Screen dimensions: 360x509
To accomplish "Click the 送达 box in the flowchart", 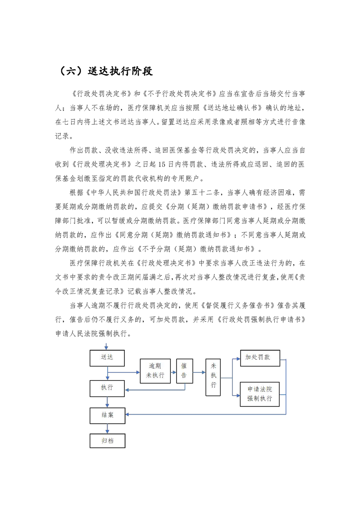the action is pyautogui.click(x=107, y=358).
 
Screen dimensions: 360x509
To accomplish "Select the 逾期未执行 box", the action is pyautogui.click(x=155, y=371).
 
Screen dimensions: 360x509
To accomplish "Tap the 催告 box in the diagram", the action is pyautogui.click(x=185, y=371).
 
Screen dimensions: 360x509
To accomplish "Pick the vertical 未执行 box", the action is pyautogui.click(x=213, y=377).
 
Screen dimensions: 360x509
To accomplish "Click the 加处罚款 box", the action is pyautogui.click(x=260, y=358).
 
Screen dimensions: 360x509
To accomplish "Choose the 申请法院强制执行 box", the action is pyautogui.click(x=260, y=394).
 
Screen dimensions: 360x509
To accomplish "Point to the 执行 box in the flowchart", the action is pyautogui.click(x=107, y=388).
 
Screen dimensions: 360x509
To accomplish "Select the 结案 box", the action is pyautogui.click(x=107, y=416).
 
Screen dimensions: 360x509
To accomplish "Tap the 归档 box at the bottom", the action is pyautogui.click(x=107, y=441).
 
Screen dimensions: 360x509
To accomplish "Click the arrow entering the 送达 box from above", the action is pyautogui.click(x=106, y=346).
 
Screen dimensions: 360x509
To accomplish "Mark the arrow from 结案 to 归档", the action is pyautogui.click(x=107, y=429).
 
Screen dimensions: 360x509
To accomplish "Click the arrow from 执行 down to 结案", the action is pyautogui.click(x=107, y=402).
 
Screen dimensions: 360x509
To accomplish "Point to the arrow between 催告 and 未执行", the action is pyautogui.click(x=199, y=372).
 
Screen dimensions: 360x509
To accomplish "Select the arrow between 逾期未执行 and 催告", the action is pyautogui.click(x=173, y=372).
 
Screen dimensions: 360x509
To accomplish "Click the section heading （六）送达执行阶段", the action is pyautogui.click(x=104, y=71).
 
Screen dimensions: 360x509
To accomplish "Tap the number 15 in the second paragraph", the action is pyautogui.click(x=162, y=165).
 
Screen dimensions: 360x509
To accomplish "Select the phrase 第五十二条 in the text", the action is pyautogui.click(x=202, y=192).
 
